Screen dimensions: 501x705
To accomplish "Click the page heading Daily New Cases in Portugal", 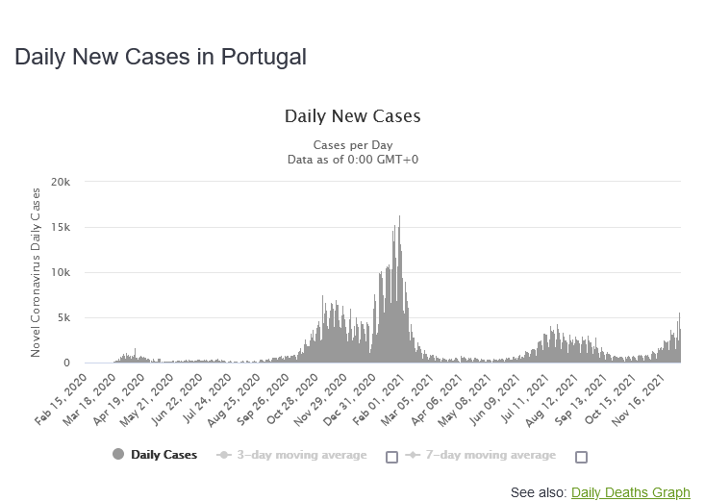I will point(160,57).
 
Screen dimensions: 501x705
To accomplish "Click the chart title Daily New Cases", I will point(352,116).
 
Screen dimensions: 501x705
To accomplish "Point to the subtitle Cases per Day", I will point(352,145).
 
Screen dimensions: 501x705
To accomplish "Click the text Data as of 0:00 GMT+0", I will point(352,159).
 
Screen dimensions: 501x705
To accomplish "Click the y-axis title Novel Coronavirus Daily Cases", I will point(37,273).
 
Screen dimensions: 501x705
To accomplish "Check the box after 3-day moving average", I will point(391,457).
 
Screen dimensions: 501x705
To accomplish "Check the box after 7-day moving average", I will point(581,457).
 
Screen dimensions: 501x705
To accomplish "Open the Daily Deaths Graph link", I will point(630,492).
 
